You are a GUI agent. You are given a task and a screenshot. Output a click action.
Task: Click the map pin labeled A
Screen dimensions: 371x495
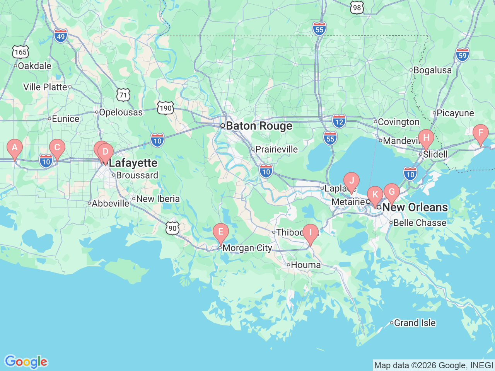[x=15, y=148]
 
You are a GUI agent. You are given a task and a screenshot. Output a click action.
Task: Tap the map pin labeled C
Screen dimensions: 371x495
[x=57, y=148]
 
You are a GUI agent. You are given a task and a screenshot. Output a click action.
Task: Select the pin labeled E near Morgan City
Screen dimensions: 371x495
[x=221, y=232]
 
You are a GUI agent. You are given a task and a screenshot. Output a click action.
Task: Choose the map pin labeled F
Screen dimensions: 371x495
[x=481, y=133]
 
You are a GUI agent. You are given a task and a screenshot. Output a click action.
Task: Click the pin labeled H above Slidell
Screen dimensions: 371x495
[x=426, y=138]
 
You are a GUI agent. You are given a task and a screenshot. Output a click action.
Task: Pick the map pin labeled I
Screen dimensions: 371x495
[x=310, y=233]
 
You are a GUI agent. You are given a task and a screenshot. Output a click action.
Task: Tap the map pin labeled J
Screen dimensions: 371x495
[x=352, y=181]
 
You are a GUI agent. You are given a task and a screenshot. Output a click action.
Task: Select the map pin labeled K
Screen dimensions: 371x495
[x=375, y=194]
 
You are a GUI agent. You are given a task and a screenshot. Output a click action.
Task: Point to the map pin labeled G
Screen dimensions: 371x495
[x=392, y=192]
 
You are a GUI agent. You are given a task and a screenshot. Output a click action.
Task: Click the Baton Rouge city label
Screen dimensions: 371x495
[x=259, y=126]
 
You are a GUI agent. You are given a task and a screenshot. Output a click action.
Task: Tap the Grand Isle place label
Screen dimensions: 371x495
[x=415, y=323]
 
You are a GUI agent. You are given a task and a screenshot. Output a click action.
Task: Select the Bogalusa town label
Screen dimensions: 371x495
[x=432, y=70]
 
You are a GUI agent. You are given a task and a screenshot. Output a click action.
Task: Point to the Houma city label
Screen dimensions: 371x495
[x=306, y=265]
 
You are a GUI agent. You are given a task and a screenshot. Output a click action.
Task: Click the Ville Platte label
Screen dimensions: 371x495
[x=45, y=87]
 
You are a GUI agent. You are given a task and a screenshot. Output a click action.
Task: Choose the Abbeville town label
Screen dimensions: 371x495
[x=111, y=203]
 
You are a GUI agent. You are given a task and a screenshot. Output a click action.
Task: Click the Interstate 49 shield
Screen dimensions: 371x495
[x=61, y=36]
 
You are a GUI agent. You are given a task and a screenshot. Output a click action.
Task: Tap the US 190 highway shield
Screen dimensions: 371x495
[x=166, y=108]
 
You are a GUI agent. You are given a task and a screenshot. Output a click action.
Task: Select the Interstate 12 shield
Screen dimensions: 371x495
[x=339, y=121]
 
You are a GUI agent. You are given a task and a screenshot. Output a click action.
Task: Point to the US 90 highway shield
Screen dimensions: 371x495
[x=172, y=228]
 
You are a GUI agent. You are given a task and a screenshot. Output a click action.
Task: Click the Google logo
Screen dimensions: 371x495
[x=26, y=362]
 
